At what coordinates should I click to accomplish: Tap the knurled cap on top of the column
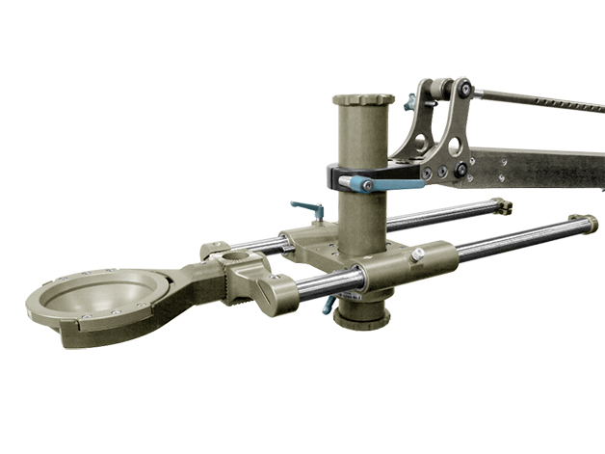(363, 100)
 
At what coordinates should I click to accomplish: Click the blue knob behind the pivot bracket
(410, 99)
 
